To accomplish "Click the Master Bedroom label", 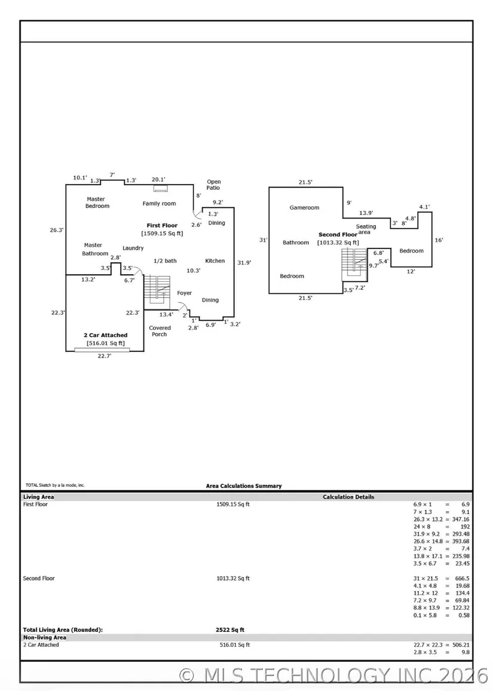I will point(97,202).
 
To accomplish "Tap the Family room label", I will point(159,204).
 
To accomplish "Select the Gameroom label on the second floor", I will point(304,208).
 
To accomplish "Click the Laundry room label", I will point(133,248).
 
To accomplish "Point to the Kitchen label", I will point(215,261).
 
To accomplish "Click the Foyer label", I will point(185,293).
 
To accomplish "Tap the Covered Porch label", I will point(160,331).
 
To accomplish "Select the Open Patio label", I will point(214,185).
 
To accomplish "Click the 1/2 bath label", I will point(165,261).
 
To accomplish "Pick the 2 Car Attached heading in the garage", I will point(105,336).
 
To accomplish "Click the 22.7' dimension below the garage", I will point(104,356).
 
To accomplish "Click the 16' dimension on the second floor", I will point(439,240).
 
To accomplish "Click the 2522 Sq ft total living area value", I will point(230,629).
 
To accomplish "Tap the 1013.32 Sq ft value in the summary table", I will point(233,578).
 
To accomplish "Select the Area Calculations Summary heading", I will point(244,486).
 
